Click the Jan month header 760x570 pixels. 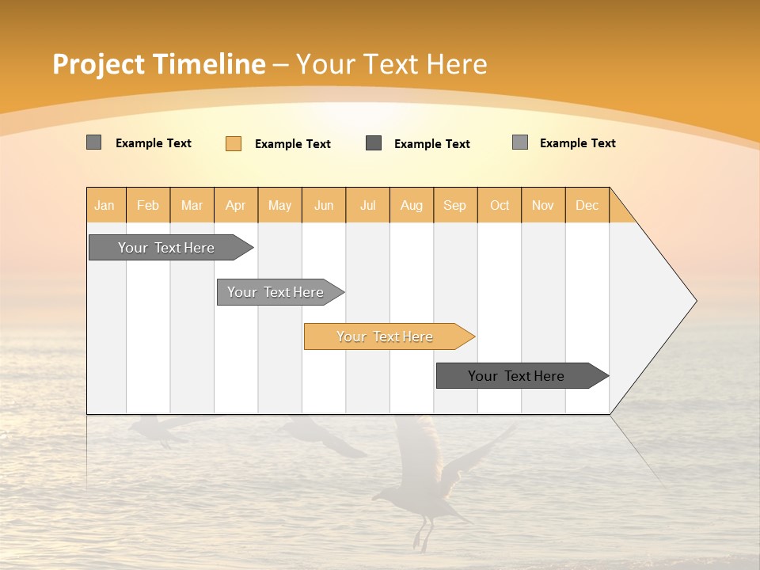coord(105,205)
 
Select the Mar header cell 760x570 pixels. coord(192,205)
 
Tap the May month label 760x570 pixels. coord(279,205)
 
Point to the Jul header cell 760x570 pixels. coord(367,205)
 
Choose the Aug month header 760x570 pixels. coord(411,205)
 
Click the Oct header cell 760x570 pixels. coord(500,205)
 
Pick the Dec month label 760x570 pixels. coord(587,205)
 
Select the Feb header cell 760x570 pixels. coord(148,205)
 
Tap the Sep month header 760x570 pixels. coord(454,205)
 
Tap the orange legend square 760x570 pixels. coord(234,143)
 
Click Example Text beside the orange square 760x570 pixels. coord(292,144)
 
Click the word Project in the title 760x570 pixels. coord(99,64)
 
